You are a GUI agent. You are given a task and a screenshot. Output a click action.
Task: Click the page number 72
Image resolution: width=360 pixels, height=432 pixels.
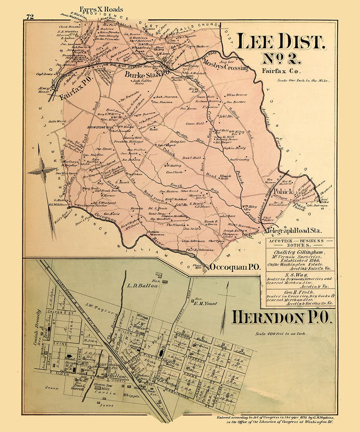[x=30, y=17]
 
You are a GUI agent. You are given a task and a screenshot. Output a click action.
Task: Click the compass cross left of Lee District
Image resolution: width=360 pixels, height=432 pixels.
[x=42, y=171]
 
